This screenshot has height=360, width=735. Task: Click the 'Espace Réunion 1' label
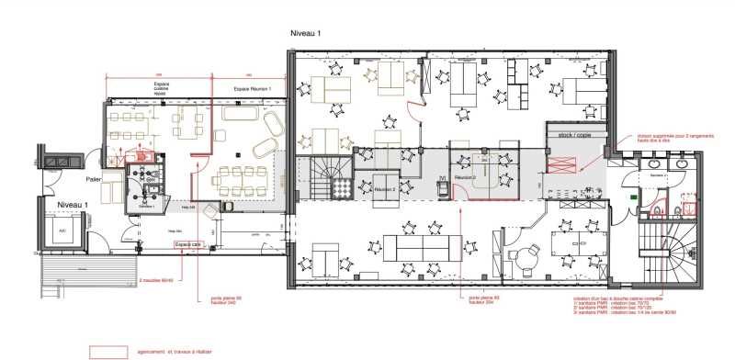point(258,88)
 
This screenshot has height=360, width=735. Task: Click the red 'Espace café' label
point(188,243)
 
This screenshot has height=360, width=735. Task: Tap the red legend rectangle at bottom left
point(107,351)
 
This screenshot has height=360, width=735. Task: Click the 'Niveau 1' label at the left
point(72,204)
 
